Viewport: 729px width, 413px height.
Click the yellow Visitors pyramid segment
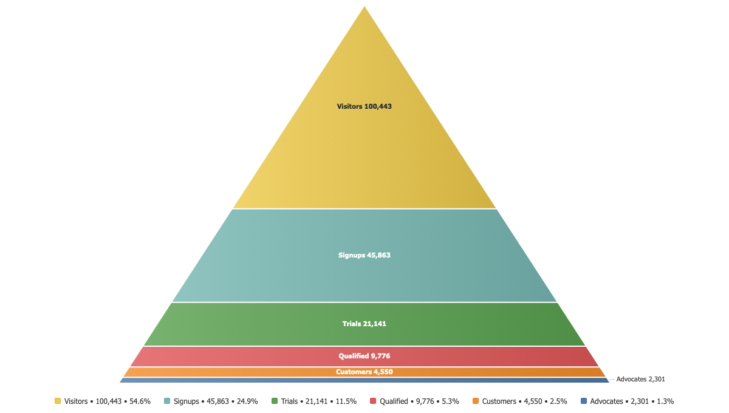(364, 137)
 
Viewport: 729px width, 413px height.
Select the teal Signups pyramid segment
(364, 256)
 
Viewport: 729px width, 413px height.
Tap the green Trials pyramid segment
(364, 324)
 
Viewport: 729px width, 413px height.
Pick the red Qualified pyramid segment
(364, 357)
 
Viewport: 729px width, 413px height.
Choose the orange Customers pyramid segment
(364, 372)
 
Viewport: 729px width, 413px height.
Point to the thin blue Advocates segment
(364, 380)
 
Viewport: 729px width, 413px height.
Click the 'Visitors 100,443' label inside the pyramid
(364, 106)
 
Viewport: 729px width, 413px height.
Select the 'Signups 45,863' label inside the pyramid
(364, 255)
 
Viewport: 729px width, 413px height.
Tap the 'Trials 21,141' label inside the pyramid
(364, 324)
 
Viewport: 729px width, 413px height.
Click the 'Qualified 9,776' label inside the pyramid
(364, 356)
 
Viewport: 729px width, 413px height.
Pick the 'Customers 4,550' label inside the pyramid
(364, 372)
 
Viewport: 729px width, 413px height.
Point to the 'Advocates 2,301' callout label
(640, 379)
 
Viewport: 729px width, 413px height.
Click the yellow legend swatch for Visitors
(58, 401)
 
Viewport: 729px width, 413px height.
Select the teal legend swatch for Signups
(167, 401)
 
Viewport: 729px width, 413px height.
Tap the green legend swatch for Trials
(275, 401)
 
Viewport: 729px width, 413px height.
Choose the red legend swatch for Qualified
(373, 401)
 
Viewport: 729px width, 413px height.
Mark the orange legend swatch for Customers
(476, 401)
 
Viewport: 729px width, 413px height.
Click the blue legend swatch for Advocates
(584, 401)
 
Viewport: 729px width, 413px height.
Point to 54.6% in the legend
(140, 401)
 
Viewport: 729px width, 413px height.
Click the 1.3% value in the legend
(665, 401)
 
